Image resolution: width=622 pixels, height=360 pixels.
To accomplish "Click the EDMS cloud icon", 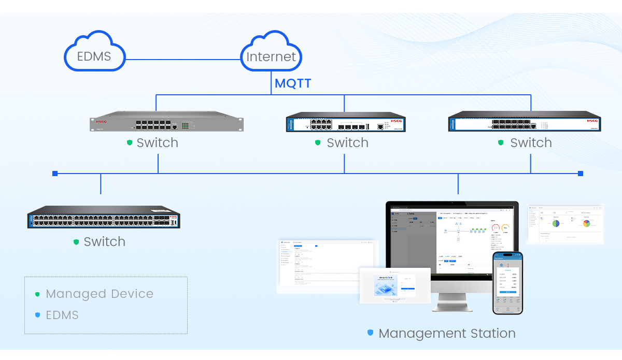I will [x=94, y=52].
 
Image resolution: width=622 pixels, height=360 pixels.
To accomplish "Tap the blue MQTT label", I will [x=293, y=83].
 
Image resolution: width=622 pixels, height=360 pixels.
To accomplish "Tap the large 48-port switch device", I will [x=104, y=218].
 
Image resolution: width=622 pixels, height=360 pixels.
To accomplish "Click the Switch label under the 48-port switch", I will [x=104, y=242].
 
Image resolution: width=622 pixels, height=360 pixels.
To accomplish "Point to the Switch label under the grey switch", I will [x=157, y=143].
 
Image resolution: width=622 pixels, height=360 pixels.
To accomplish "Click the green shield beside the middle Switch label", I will [x=318, y=142].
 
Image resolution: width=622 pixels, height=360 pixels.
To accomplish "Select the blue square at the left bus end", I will [x=55, y=174].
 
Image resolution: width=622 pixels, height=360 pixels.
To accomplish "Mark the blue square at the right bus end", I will [x=581, y=174].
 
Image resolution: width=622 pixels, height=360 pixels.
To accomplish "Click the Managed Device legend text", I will [x=100, y=294].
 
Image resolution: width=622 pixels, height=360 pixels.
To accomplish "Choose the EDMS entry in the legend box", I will [x=62, y=315].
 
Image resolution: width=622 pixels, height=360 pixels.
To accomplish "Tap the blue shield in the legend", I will [x=37, y=315].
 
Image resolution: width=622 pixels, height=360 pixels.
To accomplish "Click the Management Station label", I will [x=447, y=334].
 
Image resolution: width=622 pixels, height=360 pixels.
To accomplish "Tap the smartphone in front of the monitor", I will [x=507, y=282].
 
